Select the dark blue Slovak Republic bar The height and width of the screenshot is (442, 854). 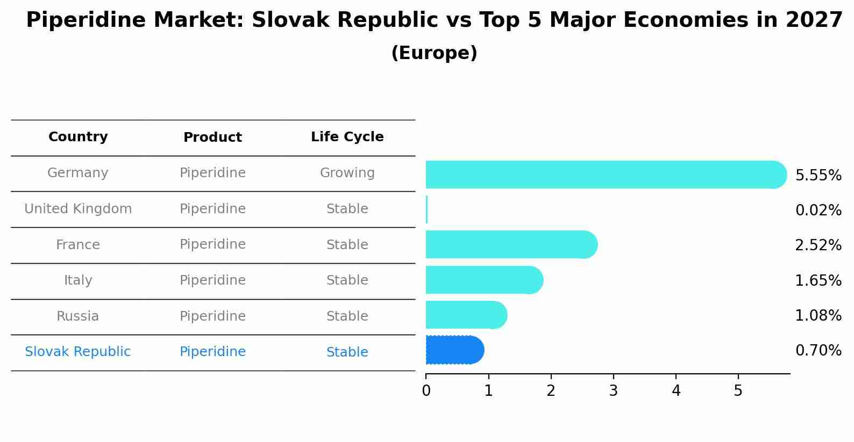[x=454, y=350]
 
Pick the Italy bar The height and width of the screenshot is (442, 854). [x=484, y=280]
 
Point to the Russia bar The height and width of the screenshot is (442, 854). [x=466, y=315]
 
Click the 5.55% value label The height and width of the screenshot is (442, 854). [x=818, y=176]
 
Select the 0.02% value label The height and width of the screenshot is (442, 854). [x=818, y=211]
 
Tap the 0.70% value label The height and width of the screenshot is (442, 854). [x=818, y=351]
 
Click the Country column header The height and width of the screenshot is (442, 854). [x=78, y=137]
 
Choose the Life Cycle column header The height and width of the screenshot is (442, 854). [x=347, y=137]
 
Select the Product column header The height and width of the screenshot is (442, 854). [x=212, y=137]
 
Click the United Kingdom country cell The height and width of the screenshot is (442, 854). [x=78, y=209]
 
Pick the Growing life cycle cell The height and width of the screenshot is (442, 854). [x=347, y=173]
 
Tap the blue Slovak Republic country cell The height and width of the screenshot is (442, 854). [x=78, y=352]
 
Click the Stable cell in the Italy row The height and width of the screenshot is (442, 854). [x=347, y=280]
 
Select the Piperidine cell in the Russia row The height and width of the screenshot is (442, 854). [x=212, y=316]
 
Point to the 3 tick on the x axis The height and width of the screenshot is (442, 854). [x=613, y=391]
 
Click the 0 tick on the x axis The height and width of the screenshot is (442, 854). [x=426, y=391]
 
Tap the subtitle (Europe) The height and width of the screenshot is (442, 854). [x=434, y=53]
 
